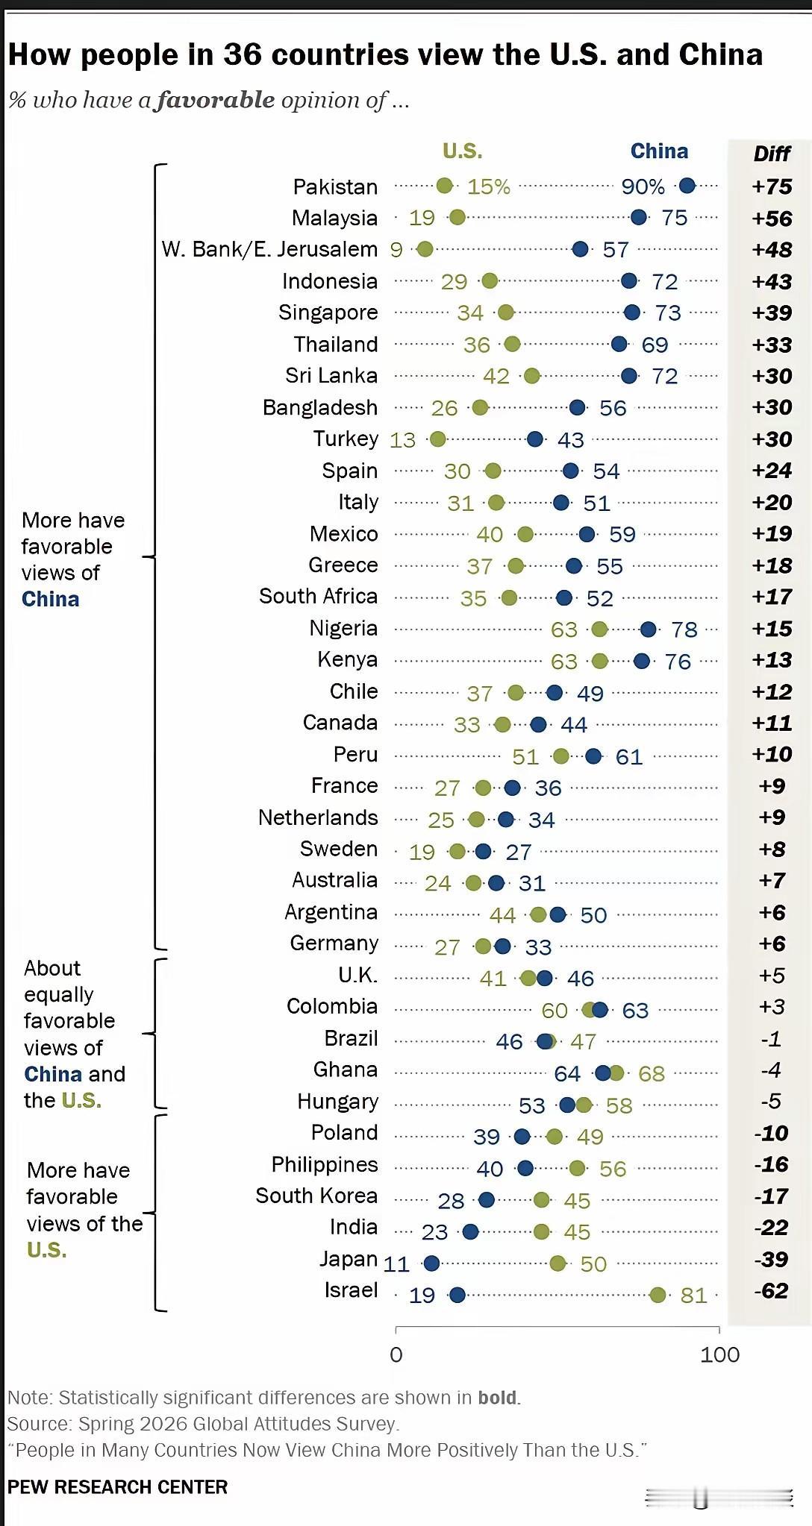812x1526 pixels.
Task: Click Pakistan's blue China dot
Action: coord(687,186)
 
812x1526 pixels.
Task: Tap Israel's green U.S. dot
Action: coord(658,1295)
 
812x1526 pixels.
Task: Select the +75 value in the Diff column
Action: coord(772,186)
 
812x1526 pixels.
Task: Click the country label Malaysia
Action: coord(334,218)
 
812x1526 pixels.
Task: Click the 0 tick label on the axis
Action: coord(396,1354)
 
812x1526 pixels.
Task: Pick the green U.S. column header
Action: coord(462,151)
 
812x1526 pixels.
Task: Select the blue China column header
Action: coord(659,151)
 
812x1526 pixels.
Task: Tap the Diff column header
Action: coord(772,154)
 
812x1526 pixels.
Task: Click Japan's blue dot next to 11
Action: coord(431,1263)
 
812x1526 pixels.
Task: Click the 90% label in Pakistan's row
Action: coord(643,186)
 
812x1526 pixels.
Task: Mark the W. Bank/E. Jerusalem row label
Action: coord(269,249)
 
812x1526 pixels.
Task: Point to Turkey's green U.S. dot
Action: coord(438,439)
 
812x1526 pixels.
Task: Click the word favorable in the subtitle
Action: coord(216,100)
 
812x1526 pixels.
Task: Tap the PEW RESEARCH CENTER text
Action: coord(117,1486)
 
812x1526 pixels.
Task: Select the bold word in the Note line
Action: coord(497,1397)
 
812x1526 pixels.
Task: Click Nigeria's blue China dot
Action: coord(648,629)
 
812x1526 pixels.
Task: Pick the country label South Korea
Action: coord(316,1196)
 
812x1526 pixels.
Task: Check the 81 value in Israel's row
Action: coord(693,1295)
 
